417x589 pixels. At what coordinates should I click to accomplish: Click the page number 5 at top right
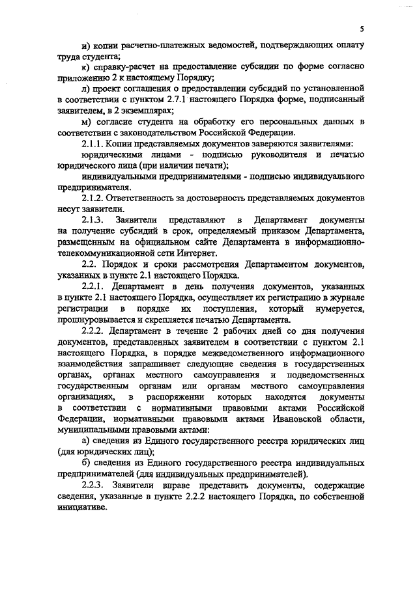pos(362,29)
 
